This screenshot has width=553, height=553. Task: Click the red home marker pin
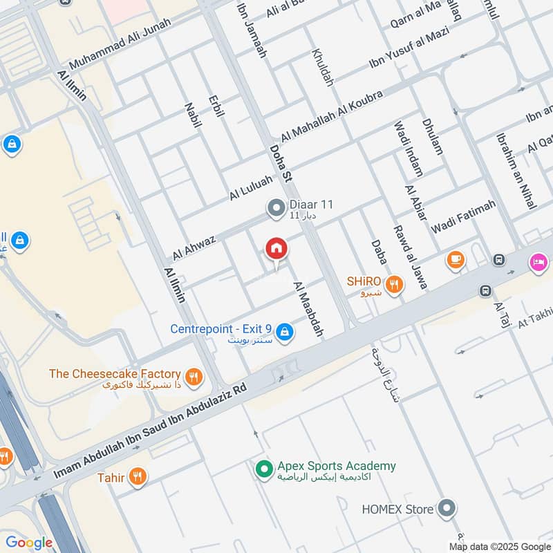tap(276, 249)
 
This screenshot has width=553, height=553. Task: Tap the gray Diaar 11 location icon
tap(276, 207)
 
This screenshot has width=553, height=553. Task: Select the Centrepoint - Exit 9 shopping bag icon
tap(285, 334)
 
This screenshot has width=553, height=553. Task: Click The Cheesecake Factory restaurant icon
tap(194, 377)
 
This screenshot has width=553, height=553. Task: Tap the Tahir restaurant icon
tap(138, 477)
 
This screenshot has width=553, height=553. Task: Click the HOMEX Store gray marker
tap(447, 509)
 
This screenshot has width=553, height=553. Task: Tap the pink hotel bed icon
tap(538, 262)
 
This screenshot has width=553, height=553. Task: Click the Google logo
tap(29, 543)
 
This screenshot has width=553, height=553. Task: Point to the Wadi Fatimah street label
tap(463, 216)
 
